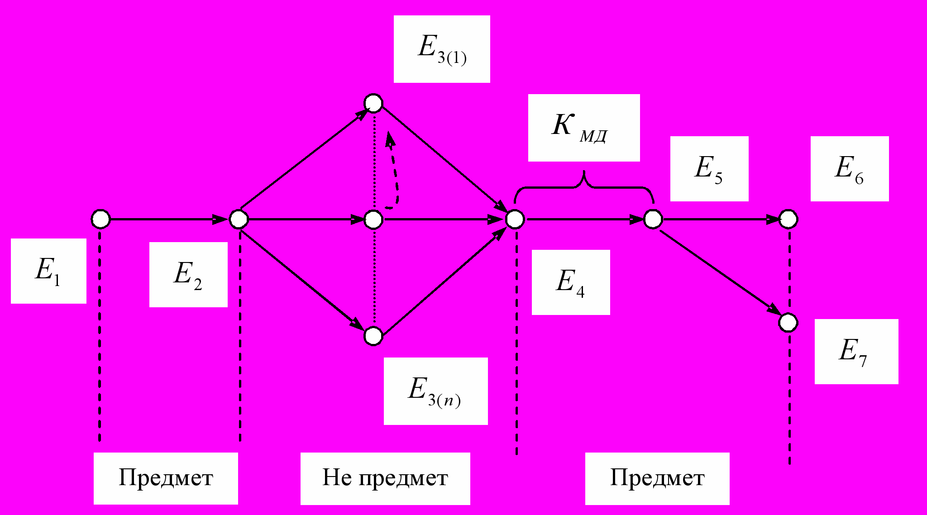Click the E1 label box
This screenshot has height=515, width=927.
48,271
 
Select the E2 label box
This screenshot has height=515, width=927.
188,274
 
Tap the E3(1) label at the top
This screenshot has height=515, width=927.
442,49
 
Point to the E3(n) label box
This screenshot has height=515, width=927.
435,391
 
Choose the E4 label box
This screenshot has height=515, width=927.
570,282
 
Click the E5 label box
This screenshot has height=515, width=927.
709,168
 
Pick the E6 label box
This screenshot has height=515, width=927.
849,168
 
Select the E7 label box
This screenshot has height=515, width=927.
856,352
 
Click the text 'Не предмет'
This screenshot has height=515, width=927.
385,478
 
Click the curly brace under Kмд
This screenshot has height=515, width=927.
584,186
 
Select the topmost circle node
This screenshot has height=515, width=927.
374,103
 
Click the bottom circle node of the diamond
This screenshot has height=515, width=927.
373,336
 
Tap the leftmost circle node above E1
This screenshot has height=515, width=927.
100,219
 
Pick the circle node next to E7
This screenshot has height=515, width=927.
788,323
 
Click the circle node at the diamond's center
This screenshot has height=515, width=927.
373,219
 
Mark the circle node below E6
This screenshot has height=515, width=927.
788,219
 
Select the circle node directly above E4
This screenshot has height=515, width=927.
515,219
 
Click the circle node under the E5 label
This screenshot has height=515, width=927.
653,219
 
